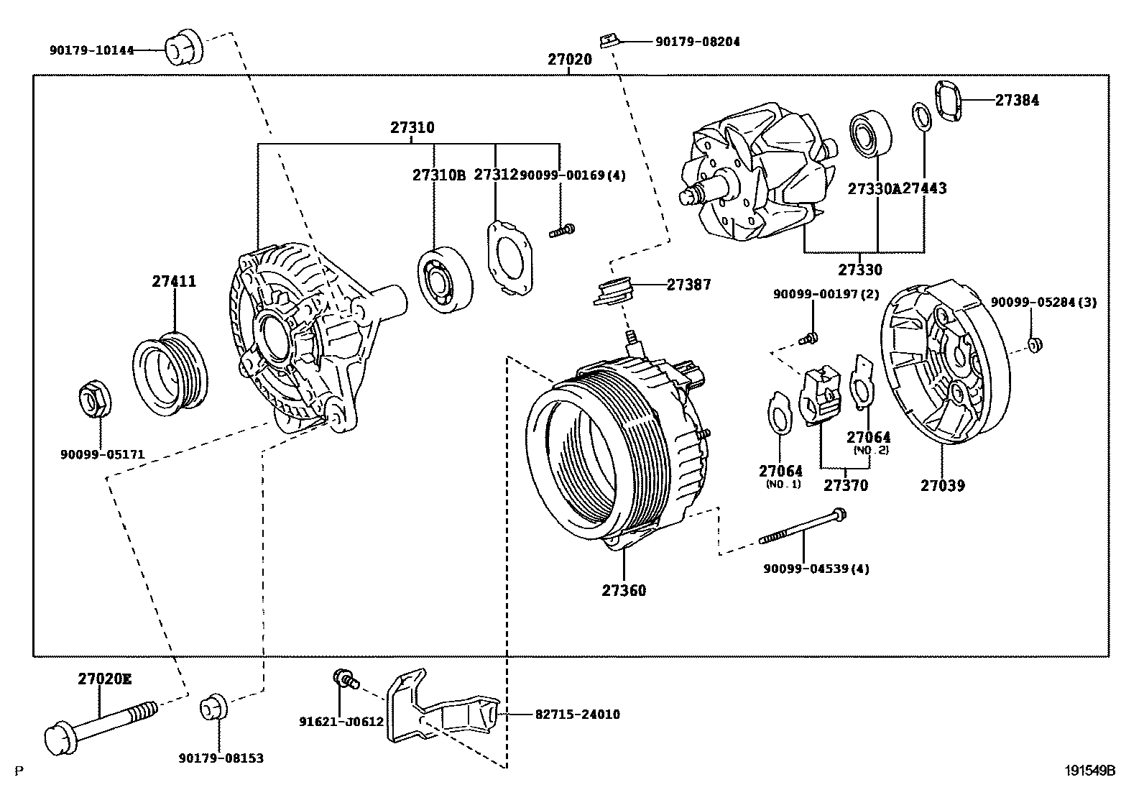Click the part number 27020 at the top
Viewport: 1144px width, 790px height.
(569, 60)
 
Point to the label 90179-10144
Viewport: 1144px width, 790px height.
(92, 50)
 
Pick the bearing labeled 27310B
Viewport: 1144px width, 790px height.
(444, 280)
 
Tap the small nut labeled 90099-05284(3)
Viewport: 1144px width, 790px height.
(1035, 346)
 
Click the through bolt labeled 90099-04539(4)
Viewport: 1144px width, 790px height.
(801, 528)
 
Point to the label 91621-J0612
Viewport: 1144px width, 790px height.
(341, 722)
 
